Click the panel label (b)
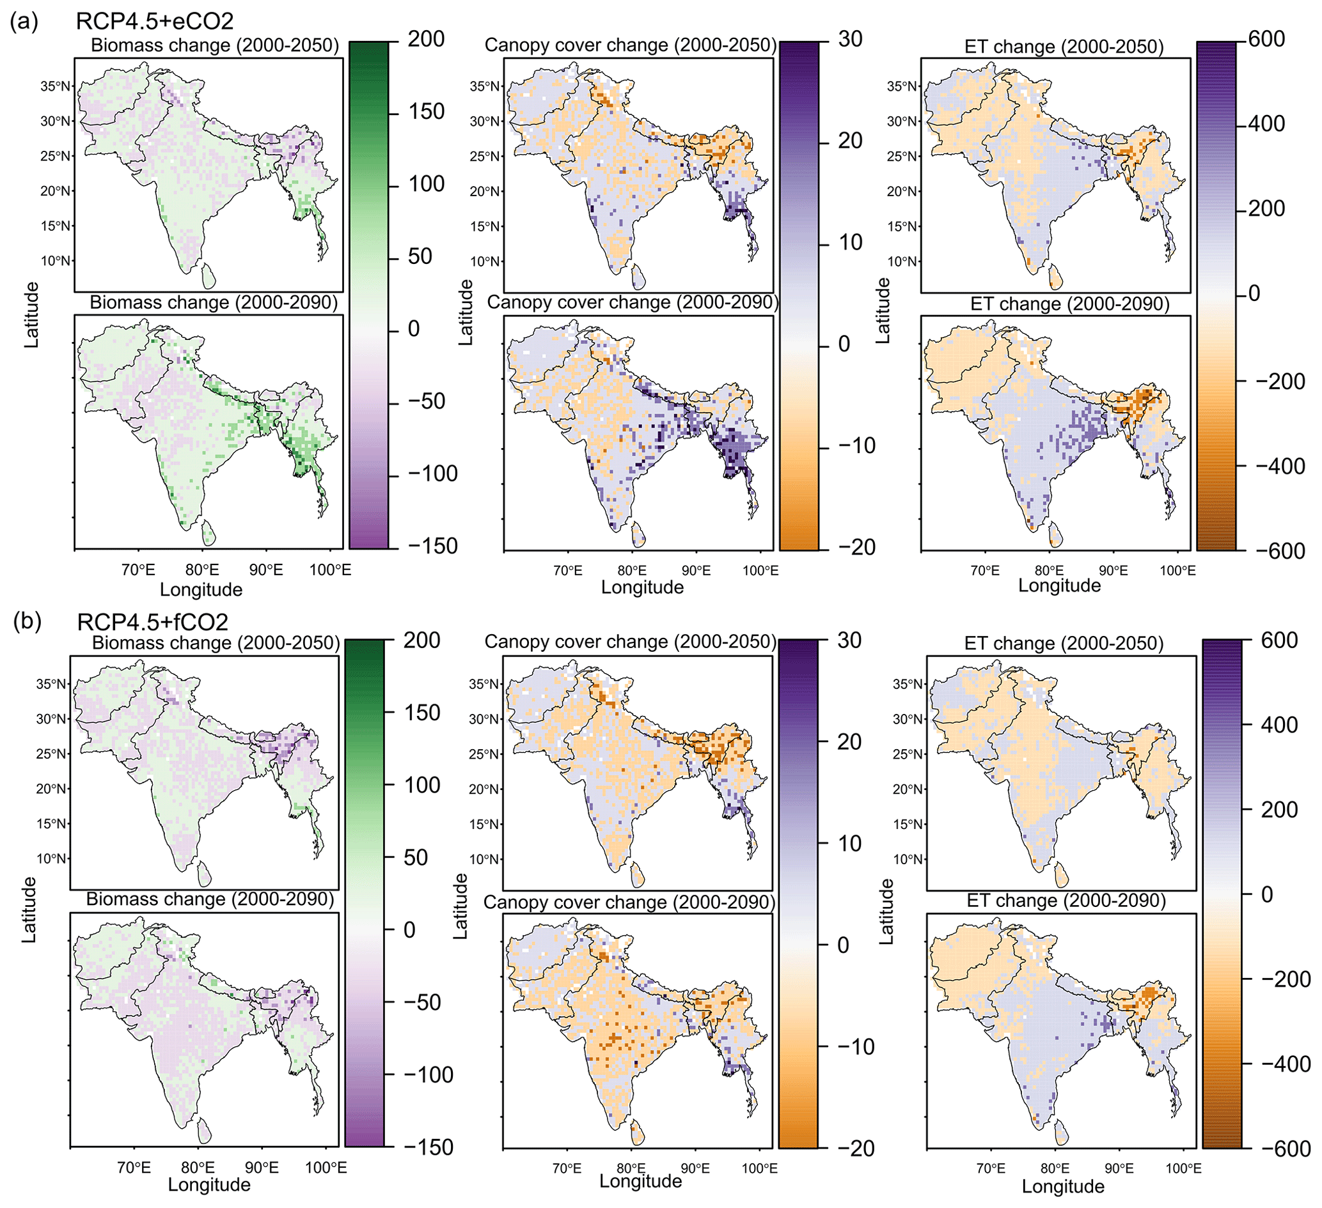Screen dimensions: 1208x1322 tap(28, 621)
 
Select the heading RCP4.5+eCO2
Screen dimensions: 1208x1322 tap(155, 22)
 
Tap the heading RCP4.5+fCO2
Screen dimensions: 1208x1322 tap(152, 621)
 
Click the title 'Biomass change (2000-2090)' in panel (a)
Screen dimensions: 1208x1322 tap(214, 303)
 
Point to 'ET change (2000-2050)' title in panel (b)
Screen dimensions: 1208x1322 tap(1064, 644)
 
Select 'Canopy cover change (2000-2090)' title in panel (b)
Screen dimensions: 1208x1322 tap(629, 902)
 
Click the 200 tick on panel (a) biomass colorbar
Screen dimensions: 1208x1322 tap(425, 40)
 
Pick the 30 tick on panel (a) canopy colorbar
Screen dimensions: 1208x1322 tap(850, 40)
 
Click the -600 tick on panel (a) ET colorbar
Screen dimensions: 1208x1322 tap(1280, 551)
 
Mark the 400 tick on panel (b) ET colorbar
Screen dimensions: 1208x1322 tap(1278, 725)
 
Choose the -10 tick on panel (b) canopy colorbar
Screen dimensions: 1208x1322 tap(856, 1047)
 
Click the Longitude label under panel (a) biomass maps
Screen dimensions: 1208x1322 tap(201, 589)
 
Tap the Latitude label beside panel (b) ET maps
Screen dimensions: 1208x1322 tap(886, 911)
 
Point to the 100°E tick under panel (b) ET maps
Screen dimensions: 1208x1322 tap(1183, 1168)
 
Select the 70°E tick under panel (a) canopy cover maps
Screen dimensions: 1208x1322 tap(568, 570)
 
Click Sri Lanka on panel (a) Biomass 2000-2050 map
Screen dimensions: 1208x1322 tap(208, 276)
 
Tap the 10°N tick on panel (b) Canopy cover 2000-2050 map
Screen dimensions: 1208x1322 tap(484, 859)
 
